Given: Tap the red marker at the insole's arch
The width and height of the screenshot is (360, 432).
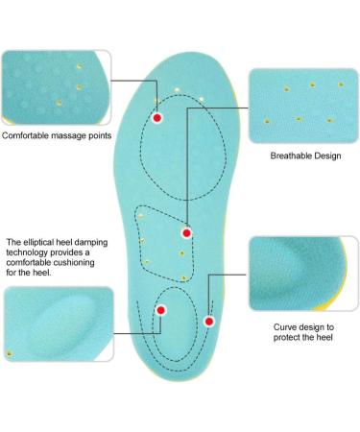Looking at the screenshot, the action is (x=187, y=232).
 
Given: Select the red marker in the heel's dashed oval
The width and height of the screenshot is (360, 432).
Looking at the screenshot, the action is (x=161, y=310).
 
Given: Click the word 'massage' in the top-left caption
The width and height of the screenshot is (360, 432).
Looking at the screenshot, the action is (x=68, y=136).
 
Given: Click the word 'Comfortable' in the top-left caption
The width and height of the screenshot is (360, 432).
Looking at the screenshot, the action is (x=26, y=136).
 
